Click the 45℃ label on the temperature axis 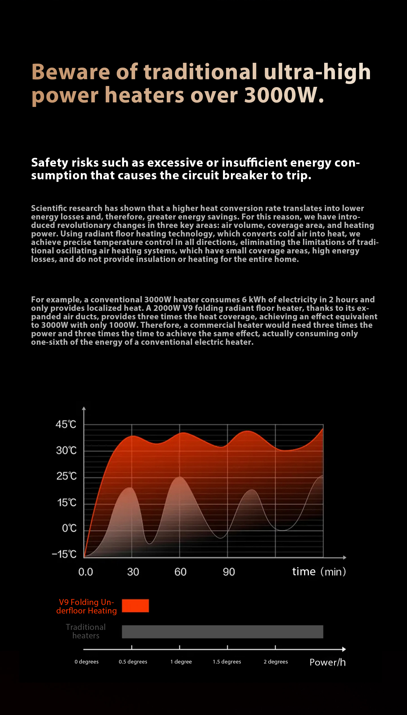coord(66,424)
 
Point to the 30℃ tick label coord(66,450)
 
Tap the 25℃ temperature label coord(66,476)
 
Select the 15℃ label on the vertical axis coord(67,503)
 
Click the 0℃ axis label coord(69,528)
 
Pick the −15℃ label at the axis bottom coord(64,554)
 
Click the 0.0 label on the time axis coord(86,572)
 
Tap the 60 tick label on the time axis coord(180,572)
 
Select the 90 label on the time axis coord(229,572)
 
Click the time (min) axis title coord(319,572)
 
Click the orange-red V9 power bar coord(135,606)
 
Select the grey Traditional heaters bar coord(222,632)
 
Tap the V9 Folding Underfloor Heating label coord(86,606)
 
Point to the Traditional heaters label coord(86,631)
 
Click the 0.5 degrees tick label coord(133,662)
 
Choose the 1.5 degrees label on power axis coord(227,662)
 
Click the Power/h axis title coord(328,662)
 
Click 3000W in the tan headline coord(283,95)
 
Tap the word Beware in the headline coord(70,72)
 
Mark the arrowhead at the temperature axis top coord(84,408)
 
